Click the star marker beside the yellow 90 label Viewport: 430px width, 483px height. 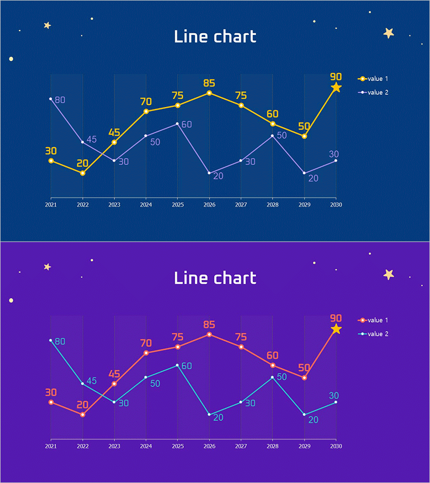click(x=336, y=87)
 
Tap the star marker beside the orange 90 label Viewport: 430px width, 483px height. click(x=336, y=329)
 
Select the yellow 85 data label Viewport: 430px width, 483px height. click(x=209, y=84)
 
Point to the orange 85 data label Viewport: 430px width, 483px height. click(x=209, y=325)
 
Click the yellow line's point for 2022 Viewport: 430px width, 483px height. click(x=82, y=173)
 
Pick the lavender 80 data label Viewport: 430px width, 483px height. click(x=60, y=100)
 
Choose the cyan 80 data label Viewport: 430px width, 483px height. click(x=60, y=341)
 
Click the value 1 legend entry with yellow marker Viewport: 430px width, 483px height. click(x=374, y=79)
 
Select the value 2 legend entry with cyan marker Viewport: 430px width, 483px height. click(x=374, y=334)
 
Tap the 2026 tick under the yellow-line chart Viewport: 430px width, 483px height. click(x=209, y=204)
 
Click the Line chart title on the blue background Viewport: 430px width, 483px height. click(x=215, y=36)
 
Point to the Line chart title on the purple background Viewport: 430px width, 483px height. click(x=215, y=278)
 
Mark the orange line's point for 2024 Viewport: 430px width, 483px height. click(x=146, y=353)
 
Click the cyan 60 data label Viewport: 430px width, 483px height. click(x=187, y=366)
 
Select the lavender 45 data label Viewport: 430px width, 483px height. click(x=91, y=140)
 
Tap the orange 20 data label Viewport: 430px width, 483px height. click(x=82, y=405)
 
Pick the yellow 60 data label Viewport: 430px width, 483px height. click(x=273, y=114)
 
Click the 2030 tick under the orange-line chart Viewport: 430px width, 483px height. click(x=336, y=446)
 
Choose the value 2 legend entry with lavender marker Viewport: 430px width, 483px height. click(x=374, y=92)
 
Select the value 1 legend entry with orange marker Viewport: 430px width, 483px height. click(x=374, y=320)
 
